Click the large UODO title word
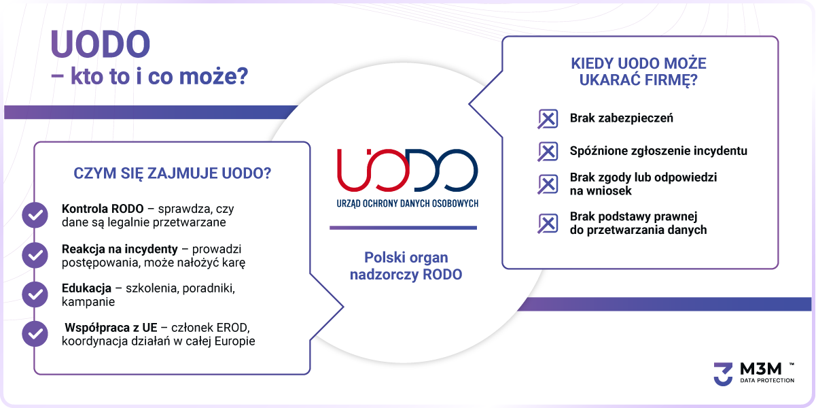coord(100,44)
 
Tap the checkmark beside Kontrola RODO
coord(35,215)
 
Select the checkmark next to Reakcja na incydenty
coord(35,255)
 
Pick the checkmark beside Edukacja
coord(35,294)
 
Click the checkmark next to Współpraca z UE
coord(35,334)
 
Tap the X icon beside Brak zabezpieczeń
coord(548,118)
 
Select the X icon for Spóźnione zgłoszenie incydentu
coord(548,151)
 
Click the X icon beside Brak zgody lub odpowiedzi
coord(548,184)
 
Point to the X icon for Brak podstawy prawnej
coord(548,223)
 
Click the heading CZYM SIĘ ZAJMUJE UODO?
coord(173,173)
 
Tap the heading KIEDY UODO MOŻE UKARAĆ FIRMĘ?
coord(639,71)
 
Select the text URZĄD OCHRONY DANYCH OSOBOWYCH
coord(407,203)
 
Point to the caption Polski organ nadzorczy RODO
coord(406,266)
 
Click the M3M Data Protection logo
coord(754,374)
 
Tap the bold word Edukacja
coord(86,288)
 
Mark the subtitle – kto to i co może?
coord(149,76)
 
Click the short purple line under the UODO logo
coord(404,228)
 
